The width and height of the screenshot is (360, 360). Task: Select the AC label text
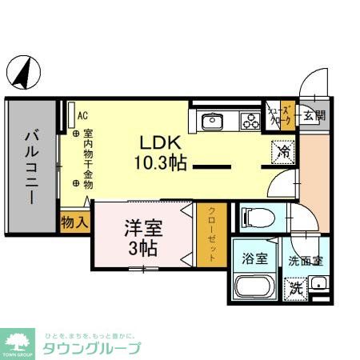tap(82, 114)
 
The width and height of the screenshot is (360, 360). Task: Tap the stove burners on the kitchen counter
tap(250, 122)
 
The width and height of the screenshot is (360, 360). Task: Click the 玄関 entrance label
tap(314, 115)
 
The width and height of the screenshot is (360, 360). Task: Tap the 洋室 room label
tap(143, 226)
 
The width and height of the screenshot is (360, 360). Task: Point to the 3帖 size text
tap(143, 247)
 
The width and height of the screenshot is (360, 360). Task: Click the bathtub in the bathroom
tap(255, 288)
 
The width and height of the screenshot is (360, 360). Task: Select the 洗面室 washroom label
tap(306, 260)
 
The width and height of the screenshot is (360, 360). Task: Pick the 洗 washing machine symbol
tap(296, 286)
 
